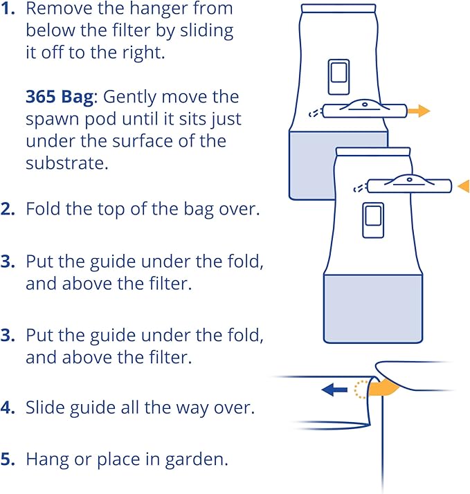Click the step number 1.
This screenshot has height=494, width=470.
(x=8, y=8)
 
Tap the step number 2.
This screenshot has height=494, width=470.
(x=8, y=209)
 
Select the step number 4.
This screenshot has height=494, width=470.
(x=8, y=408)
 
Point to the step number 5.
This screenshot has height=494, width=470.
(x=8, y=459)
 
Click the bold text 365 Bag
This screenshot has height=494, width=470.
(x=60, y=97)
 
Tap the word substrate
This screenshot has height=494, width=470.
(x=66, y=163)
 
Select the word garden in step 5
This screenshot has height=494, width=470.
(x=196, y=460)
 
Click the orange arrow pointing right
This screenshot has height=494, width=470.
(x=419, y=111)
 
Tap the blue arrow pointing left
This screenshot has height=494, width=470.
(x=334, y=390)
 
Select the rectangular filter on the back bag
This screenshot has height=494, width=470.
(x=339, y=77)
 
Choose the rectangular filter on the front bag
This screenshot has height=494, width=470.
(x=373, y=220)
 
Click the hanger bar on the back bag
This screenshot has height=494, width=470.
(x=364, y=110)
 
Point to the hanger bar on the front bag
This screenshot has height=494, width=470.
(x=409, y=185)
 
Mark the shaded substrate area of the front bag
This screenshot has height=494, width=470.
(x=373, y=309)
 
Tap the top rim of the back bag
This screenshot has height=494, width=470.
(x=338, y=8)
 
